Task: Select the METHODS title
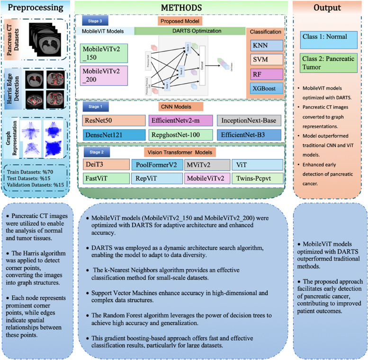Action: [181, 8]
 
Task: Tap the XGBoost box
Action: [264, 88]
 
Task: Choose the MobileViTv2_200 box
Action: [103, 75]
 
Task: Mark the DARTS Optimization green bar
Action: [188, 31]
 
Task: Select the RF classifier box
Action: [264, 74]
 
